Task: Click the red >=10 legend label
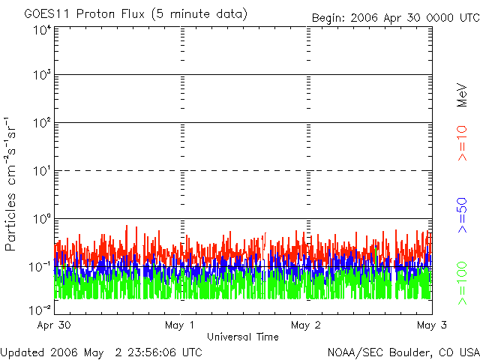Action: (x=462, y=142)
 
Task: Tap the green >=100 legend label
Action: (x=462, y=283)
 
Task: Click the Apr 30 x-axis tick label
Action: (x=55, y=325)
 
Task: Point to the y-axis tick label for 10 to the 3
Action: (x=40, y=76)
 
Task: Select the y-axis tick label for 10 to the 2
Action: (x=40, y=123)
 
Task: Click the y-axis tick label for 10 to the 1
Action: (x=40, y=171)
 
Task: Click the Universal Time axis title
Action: (x=243, y=337)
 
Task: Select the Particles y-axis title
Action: (x=13, y=183)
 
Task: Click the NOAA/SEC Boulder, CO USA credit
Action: (x=403, y=352)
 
